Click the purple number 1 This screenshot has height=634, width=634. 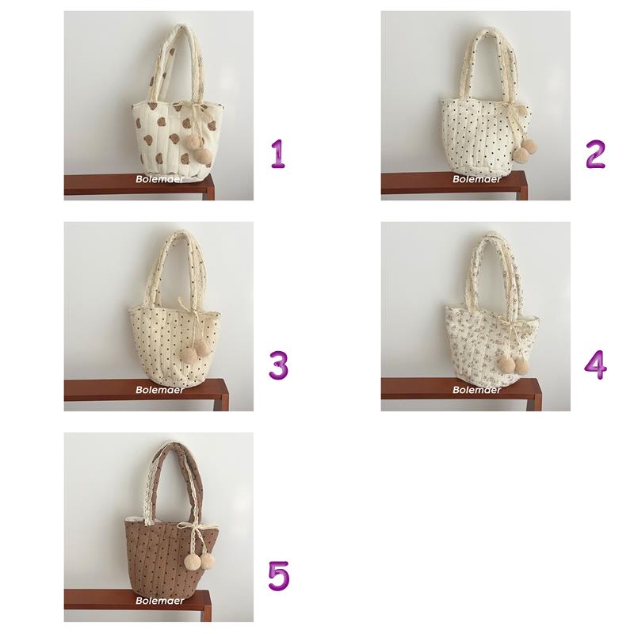tap(278, 154)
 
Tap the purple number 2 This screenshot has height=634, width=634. tap(596, 154)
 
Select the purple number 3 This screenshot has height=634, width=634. tap(279, 365)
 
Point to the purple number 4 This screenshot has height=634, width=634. tap(596, 365)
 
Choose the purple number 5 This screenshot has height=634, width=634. tap(279, 576)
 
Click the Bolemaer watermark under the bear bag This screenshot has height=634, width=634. tap(160, 179)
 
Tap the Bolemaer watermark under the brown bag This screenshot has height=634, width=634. tap(160, 601)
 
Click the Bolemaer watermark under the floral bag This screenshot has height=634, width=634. tap(477, 390)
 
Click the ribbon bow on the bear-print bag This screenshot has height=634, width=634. tap(198, 109)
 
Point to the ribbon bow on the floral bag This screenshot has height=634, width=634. tap(511, 323)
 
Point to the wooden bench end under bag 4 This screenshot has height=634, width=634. tap(537, 394)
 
